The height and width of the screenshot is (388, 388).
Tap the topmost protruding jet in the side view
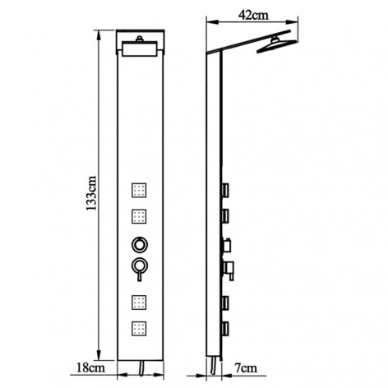click(224, 192)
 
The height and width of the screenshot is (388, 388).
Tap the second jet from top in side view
click(224, 216)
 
